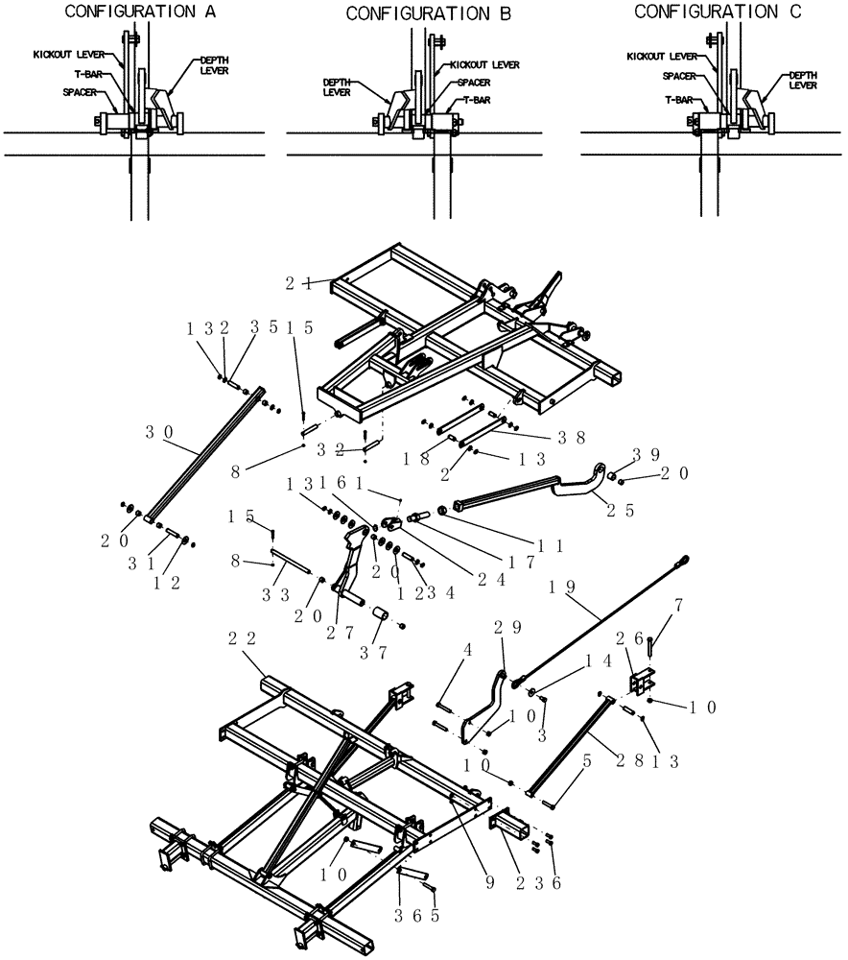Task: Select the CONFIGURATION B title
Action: [x=415, y=14]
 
